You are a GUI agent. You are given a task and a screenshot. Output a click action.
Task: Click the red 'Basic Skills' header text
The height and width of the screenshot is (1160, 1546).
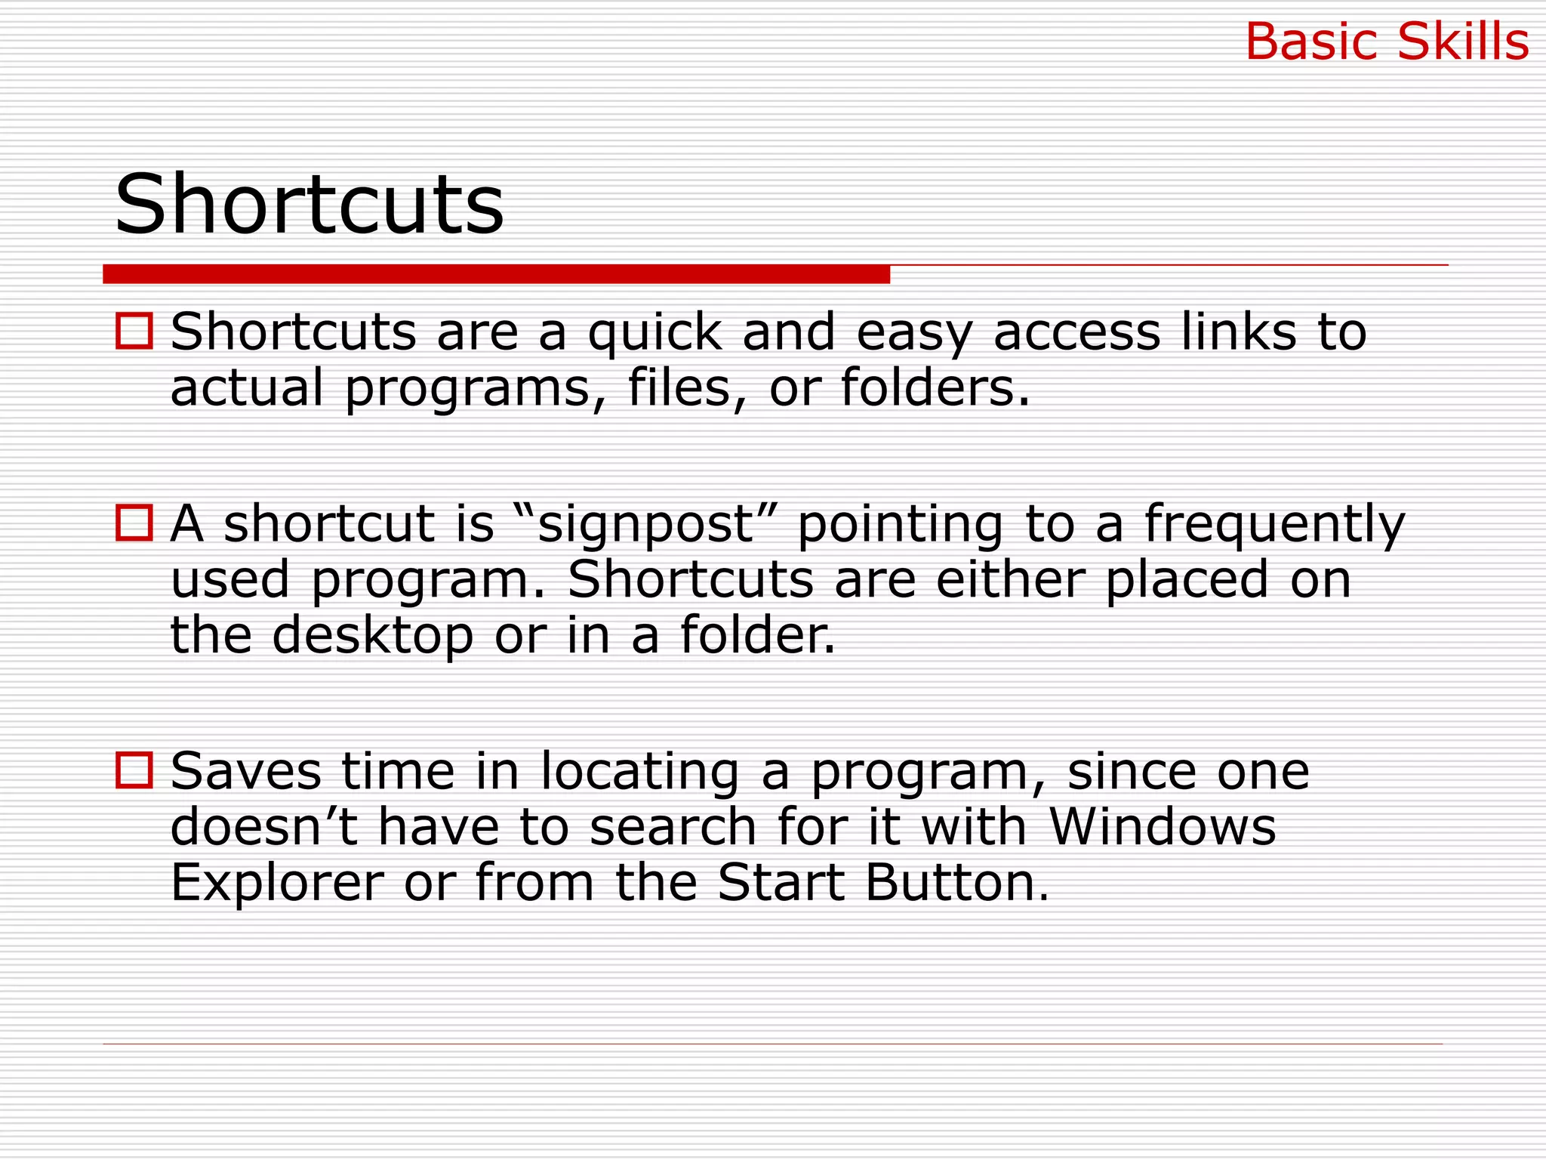click(1387, 42)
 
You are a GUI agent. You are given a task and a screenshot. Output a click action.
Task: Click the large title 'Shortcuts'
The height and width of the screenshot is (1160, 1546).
click(309, 204)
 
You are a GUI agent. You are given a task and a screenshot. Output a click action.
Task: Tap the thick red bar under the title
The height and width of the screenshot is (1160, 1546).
click(496, 274)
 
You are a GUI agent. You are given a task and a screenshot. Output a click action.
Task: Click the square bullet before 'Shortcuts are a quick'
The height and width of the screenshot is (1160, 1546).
click(134, 332)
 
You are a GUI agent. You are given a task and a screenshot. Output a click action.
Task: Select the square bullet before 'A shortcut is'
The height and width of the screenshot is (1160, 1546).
click(134, 523)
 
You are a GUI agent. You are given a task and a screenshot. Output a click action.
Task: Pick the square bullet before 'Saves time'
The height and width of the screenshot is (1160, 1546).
click(134, 770)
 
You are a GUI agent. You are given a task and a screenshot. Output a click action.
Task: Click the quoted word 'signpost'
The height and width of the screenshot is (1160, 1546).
click(645, 525)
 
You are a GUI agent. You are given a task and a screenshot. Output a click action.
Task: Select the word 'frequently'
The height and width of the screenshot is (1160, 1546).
click(1274, 525)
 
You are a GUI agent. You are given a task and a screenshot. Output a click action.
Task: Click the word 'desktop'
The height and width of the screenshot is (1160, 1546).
click(372, 636)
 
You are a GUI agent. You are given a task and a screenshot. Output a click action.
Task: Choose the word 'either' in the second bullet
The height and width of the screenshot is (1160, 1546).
click(1010, 580)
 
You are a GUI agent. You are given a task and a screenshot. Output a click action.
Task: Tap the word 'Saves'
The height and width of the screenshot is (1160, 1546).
click(246, 772)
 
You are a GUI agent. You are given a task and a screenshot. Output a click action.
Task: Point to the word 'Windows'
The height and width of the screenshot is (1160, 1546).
click(1163, 827)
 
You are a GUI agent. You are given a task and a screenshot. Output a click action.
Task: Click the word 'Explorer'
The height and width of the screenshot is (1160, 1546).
click(277, 884)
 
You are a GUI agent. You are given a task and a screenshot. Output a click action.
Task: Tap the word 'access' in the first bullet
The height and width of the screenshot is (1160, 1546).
click(1076, 333)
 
